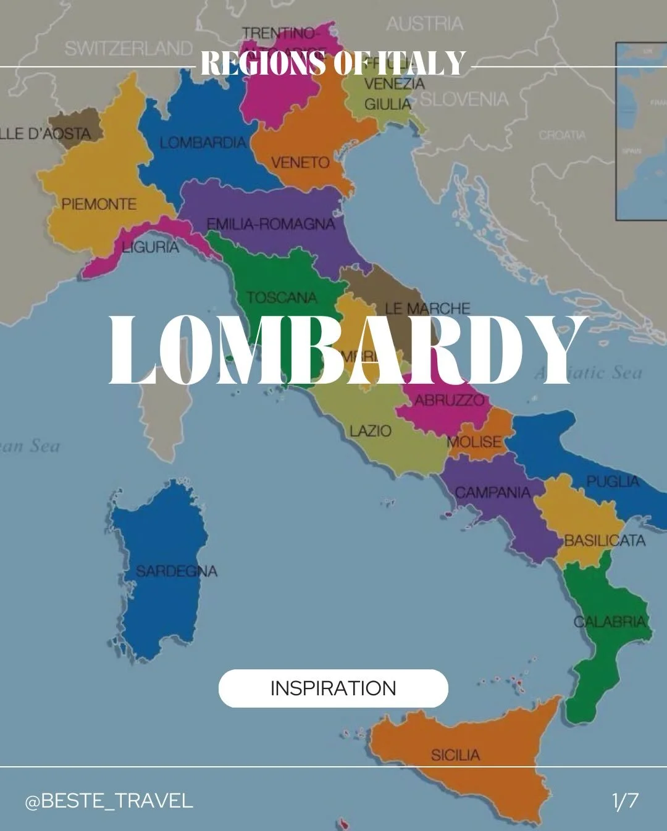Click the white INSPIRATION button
click(333, 688)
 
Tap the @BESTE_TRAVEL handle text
click(109, 801)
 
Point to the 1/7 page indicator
click(625, 801)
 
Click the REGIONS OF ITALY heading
click(333, 63)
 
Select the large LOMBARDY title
click(346, 351)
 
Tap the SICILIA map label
click(455, 754)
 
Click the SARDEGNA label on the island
click(177, 571)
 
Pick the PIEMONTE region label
click(99, 204)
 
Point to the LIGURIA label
click(150, 248)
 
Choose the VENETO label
click(301, 162)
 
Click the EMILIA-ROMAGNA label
click(271, 223)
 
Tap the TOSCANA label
click(282, 298)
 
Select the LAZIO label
click(370, 430)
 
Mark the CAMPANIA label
click(493, 492)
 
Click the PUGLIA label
click(613, 481)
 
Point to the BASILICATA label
click(605, 541)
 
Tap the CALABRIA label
click(610, 621)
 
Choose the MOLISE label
click(474, 442)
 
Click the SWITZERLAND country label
click(128, 48)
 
